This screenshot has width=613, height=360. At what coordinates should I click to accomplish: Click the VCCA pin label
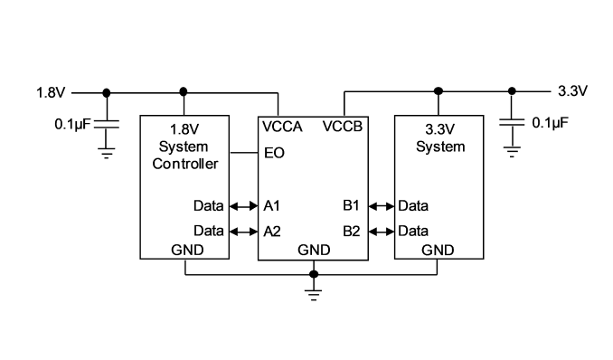282,127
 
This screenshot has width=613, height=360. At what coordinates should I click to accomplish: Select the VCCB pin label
343,127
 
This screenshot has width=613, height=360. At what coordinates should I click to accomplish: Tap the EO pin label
274,153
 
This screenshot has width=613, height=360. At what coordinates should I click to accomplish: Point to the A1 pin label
272,205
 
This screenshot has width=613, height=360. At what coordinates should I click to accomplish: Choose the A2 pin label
272,232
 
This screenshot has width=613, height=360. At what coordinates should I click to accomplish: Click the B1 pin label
351,205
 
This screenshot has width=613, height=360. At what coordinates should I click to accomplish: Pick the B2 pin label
352,232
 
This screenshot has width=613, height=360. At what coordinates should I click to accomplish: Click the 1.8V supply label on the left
51,93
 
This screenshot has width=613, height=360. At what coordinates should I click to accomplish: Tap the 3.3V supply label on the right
572,90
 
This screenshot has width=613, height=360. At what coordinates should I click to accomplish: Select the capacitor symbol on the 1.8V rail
107,125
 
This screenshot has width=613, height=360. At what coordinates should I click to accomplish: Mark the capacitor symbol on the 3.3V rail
512,122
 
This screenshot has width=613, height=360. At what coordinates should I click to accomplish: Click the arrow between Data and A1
243,206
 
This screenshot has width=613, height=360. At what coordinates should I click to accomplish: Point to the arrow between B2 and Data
382,232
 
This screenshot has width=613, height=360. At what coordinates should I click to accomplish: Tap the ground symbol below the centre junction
314,295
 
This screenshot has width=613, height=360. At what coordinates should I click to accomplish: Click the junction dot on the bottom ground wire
314,274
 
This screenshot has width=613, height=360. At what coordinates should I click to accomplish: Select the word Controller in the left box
185,164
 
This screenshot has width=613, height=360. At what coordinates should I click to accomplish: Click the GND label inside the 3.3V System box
438,250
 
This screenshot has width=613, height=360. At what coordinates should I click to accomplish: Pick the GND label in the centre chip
314,250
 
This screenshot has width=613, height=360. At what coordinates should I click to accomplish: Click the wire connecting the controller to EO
244,153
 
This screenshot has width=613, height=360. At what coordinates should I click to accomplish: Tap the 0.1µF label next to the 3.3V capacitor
550,122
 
